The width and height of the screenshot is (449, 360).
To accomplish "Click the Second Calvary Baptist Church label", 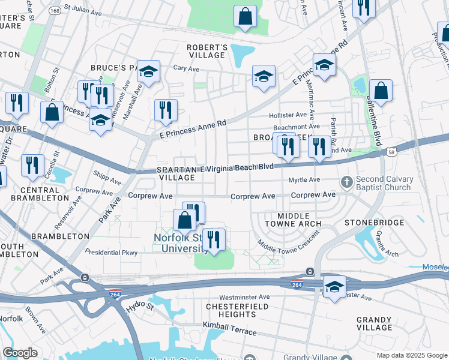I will [x=393, y=183].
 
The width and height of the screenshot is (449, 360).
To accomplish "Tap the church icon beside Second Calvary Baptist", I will [x=346, y=182].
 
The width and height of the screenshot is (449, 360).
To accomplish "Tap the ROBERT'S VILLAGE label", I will [x=206, y=51].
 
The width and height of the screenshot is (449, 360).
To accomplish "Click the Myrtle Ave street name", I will [x=304, y=179].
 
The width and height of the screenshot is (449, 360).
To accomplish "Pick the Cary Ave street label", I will [x=186, y=69].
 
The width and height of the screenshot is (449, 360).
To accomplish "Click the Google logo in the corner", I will [x=19, y=353].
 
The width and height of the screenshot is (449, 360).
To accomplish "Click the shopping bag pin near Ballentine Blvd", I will [x=381, y=92].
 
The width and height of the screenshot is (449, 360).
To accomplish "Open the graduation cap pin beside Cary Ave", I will [x=148, y=72].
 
